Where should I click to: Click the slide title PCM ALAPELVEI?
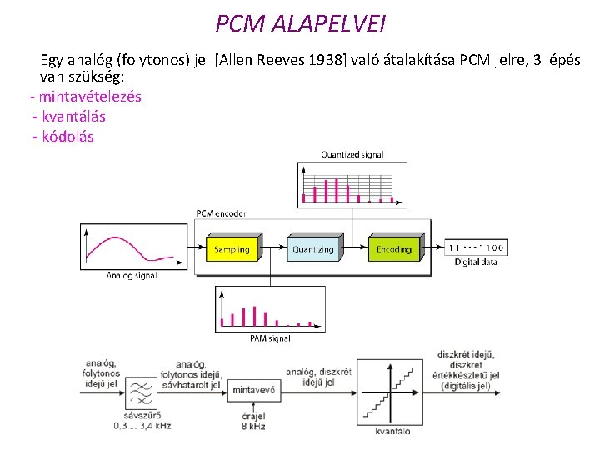click(x=300, y=23)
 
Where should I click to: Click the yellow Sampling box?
click(x=232, y=249)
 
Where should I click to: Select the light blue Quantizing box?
click(x=312, y=249)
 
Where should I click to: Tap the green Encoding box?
click(x=393, y=249)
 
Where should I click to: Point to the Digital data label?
click(x=476, y=262)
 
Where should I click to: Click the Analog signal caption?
click(x=131, y=275)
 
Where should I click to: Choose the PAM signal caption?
click(x=270, y=337)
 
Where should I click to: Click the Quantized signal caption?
click(x=352, y=154)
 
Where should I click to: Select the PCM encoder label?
click(x=222, y=213)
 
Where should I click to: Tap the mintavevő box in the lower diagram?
click(x=254, y=389)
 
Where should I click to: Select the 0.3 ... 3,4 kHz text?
click(x=142, y=427)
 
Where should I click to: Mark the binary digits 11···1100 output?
click(x=476, y=247)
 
